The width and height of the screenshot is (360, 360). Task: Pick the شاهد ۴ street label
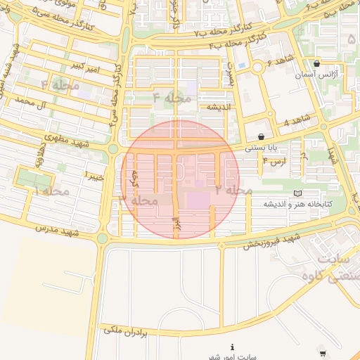296,122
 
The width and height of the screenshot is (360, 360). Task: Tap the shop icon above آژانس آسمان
317,63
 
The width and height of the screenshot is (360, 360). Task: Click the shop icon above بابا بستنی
262,136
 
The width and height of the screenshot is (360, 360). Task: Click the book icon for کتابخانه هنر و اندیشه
297,193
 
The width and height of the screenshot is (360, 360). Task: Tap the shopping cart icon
322,353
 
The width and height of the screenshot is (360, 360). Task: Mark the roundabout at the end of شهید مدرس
103,238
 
